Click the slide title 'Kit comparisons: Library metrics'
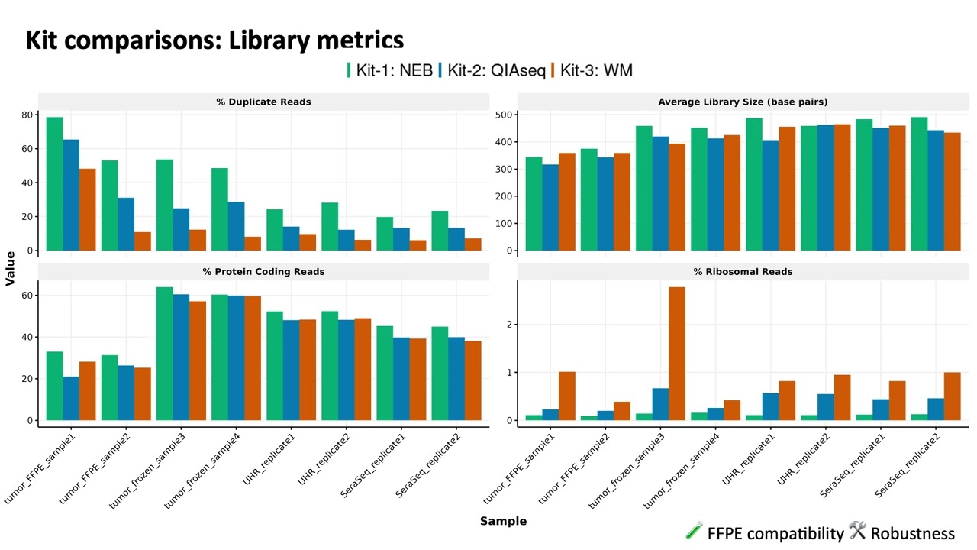[x=214, y=40]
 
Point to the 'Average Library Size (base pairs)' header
[x=743, y=102]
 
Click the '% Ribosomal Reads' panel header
[x=743, y=271]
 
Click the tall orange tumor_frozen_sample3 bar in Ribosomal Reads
[x=676, y=354]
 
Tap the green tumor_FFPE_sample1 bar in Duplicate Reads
[x=54, y=183]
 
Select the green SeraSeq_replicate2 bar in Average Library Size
[x=919, y=183]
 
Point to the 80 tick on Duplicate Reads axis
[x=27, y=115]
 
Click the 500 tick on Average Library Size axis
[x=504, y=115]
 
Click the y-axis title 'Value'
[x=10, y=268]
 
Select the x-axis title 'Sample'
[x=503, y=521]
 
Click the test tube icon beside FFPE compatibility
[x=694, y=531]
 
